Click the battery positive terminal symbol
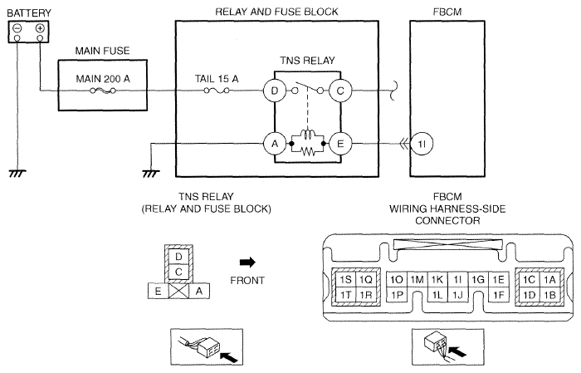[40, 29]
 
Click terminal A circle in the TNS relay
[272, 143]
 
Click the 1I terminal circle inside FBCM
[422, 143]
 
